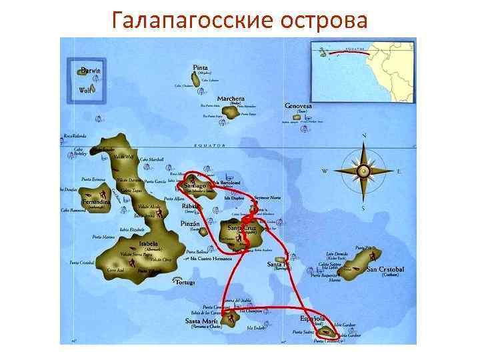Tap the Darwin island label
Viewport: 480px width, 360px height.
tap(91, 71)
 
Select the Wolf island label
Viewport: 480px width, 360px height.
tap(85, 90)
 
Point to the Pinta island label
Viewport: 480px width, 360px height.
tap(200, 68)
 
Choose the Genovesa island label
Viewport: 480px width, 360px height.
tap(298, 106)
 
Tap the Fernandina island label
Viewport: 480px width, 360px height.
tap(95, 202)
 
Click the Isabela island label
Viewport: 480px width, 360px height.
tap(148, 244)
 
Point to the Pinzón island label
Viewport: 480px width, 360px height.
tap(191, 225)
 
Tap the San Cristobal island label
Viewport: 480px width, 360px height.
tap(386, 269)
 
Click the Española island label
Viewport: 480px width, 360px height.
tap(313, 319)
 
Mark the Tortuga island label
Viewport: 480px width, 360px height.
tap(183, 282)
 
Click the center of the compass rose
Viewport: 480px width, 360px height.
tap(364, 171)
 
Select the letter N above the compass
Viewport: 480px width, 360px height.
tap(364, 136)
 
